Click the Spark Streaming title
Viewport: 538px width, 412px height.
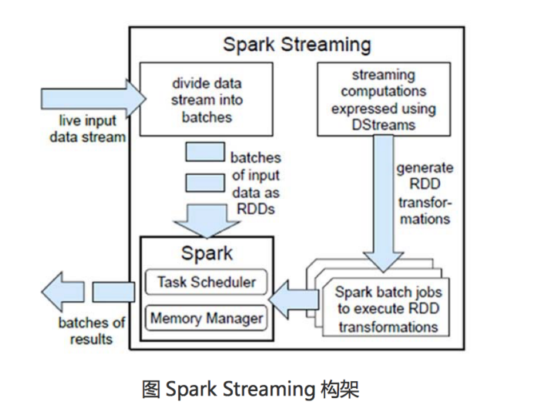pos(297,43)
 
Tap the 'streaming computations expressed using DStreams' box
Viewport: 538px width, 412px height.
pos(383,98)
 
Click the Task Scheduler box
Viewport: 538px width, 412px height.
pos(206,282)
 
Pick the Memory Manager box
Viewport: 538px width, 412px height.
pos(206,317)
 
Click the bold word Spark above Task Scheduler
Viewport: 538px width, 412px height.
pos(207,253)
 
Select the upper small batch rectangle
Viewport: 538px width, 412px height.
pos(204,152)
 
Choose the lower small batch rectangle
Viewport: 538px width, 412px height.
pos(204,183)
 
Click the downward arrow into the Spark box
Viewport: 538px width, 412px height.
pos(206,216)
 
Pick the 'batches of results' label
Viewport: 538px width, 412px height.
pos(92,330)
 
